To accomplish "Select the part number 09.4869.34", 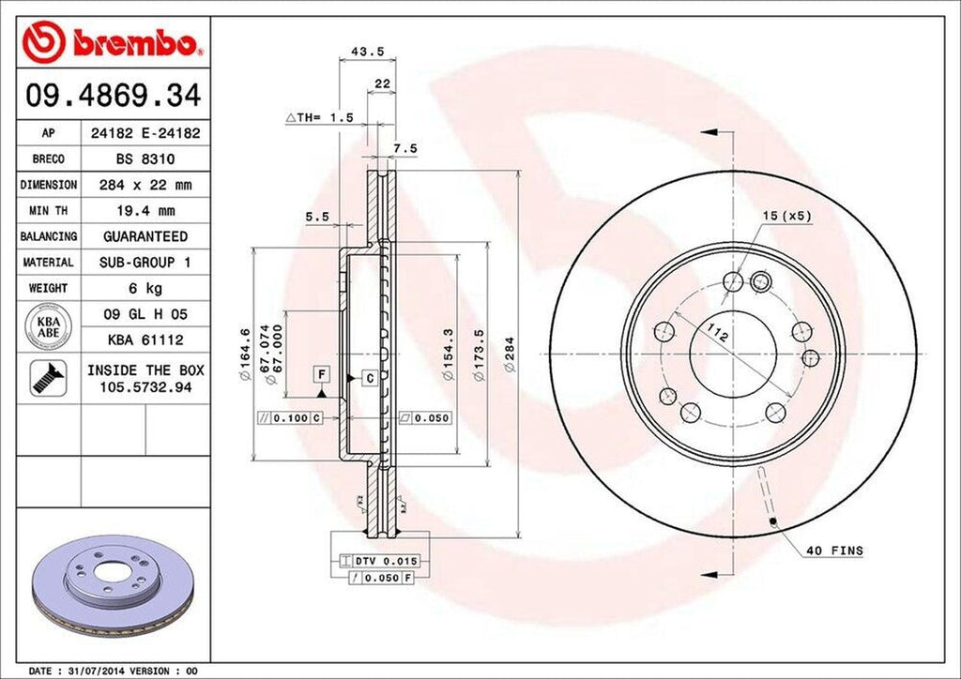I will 111,96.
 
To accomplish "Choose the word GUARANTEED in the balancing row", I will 145,236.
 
